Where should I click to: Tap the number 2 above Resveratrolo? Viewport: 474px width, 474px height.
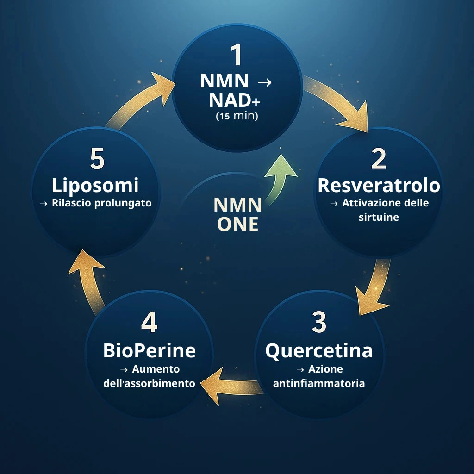(x=379, y=159)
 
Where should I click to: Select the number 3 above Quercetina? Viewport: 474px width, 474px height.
(x=319, y=323)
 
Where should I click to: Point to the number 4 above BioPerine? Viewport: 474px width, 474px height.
(x=149, y=323)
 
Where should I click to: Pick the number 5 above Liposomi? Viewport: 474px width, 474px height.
(x=97, y=159)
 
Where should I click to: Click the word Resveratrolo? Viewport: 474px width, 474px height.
(x=379, y=185)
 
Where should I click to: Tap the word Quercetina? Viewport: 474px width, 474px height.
(x=319, y=350)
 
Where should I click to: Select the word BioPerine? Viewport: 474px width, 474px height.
(x=149, y=350)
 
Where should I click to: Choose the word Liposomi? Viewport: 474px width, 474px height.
(x=95, y=185)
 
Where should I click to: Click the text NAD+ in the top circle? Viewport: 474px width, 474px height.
(x=230, y=100)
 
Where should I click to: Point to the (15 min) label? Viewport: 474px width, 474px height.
(x=237, y=116)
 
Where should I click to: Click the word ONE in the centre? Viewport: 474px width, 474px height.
(x=237, y=224)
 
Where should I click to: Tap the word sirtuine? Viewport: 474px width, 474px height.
(x=379, y=217)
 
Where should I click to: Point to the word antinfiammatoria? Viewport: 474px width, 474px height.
(x=319, y=383)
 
